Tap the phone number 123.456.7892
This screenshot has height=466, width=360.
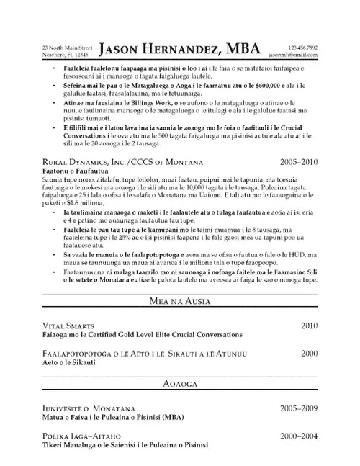(302, 47)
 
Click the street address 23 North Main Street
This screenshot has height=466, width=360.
(67, 47)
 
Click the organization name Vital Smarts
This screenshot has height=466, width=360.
(71, 326)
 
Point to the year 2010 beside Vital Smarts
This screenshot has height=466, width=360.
(309, 326)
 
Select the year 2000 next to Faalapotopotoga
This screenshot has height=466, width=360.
(309, 354)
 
